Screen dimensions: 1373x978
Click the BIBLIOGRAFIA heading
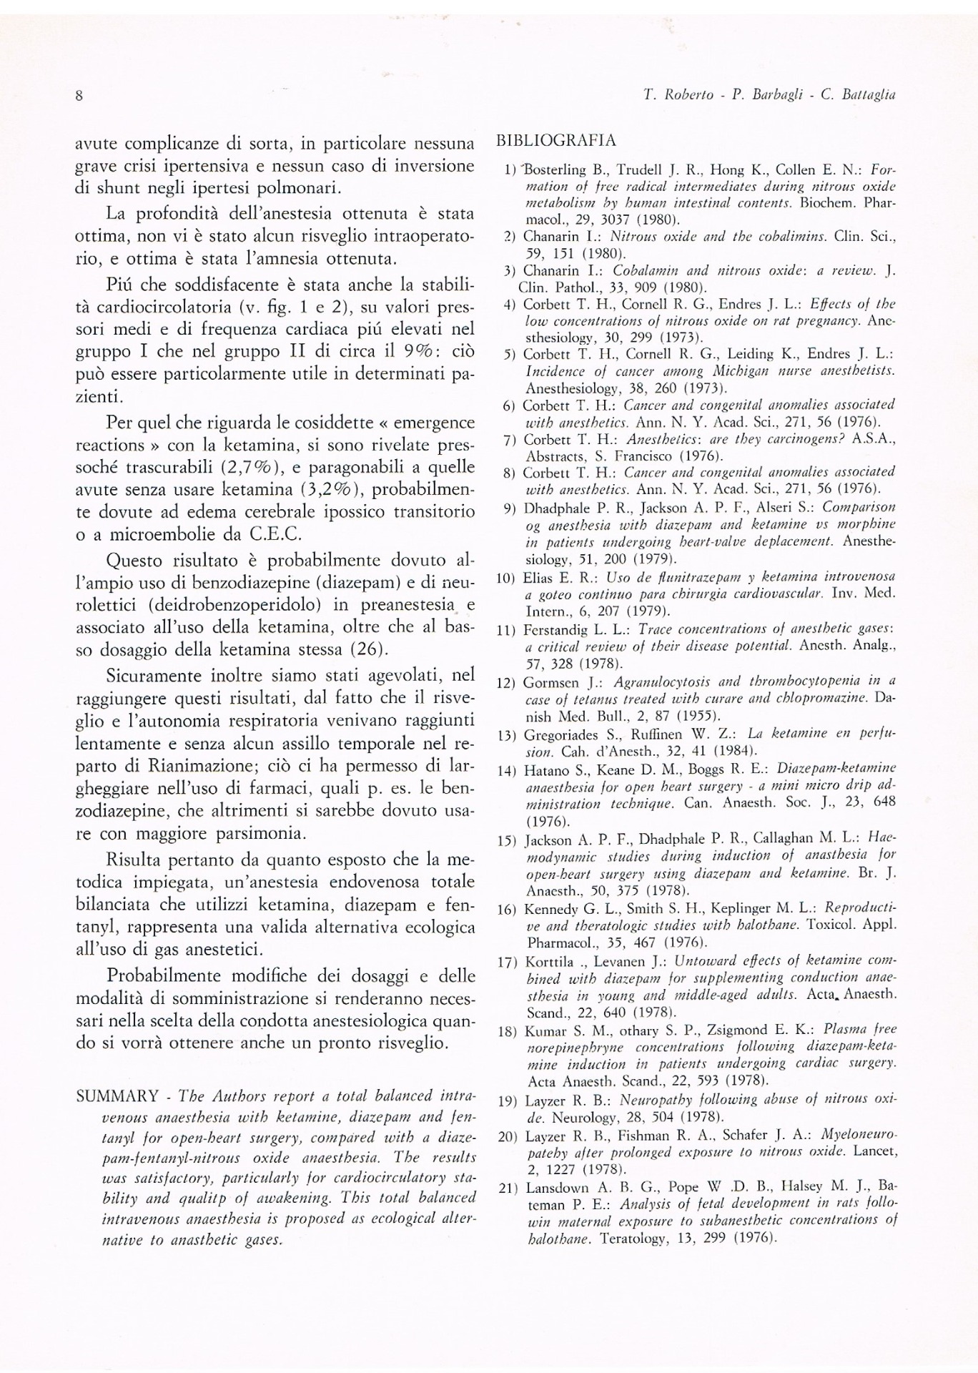(x=555, y=140)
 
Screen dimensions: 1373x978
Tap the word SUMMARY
(x=117, y=1096)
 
